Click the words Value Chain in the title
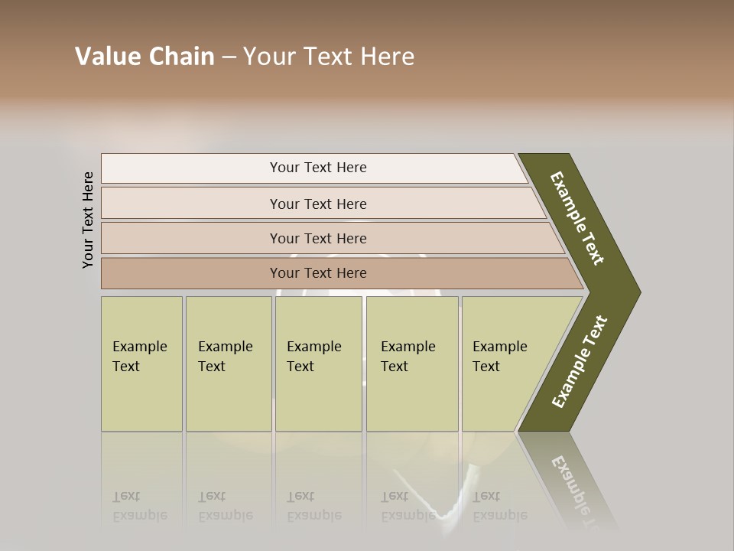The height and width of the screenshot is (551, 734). coord(145,57)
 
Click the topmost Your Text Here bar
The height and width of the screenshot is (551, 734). coord(317,168)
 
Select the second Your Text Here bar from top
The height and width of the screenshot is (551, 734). coord(317,204)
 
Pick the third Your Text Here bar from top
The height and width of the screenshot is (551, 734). coord(317,238)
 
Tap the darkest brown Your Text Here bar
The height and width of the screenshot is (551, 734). coord(317,273)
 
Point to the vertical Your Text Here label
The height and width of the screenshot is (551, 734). coord(88,220)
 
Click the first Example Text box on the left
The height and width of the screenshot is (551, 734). coord(141,364)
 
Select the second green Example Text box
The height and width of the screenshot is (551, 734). coord(228,364)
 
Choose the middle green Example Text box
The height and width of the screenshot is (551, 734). coord(318,364)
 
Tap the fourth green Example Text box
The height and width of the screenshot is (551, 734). coord(412,364)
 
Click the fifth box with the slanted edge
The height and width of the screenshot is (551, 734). coord(505,364)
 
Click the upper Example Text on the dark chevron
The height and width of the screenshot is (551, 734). coord(578,218)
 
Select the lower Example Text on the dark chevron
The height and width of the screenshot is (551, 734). coord(580,362)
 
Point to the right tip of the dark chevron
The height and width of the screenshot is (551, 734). coord(639,292)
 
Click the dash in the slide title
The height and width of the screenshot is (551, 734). coord(229,57)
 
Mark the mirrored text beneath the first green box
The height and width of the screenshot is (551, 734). coord(140,506)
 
